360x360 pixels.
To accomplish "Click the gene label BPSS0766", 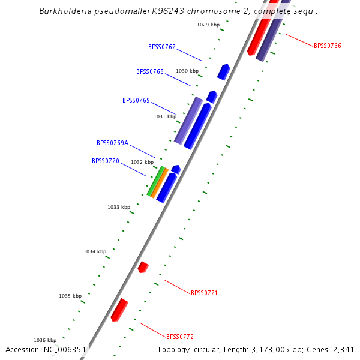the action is tap(327, 46).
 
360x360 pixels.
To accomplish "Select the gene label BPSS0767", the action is tap(162, 47).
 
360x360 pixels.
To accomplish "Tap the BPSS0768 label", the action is tap(150, 71).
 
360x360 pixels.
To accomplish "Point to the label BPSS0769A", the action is tap(113, 143).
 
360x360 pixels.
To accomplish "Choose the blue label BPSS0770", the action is tap(106, 161).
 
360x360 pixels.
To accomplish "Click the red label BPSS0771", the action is tap(204, 293).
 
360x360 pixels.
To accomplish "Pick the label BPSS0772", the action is tap(180, 337).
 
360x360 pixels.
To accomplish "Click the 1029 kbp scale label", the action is tap(208, 25).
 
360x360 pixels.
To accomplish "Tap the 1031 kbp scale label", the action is tap(165, 116).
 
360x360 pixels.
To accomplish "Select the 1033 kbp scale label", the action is tap(119, 207).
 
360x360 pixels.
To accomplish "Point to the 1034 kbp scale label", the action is tap(95, 251).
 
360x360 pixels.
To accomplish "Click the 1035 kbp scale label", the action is tap(70, 296).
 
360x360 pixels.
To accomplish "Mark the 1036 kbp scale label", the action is tap(45, 340).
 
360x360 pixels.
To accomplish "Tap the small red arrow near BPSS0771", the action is tap(143, 267).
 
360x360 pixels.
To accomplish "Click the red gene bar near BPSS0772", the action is tap(119, 310).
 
